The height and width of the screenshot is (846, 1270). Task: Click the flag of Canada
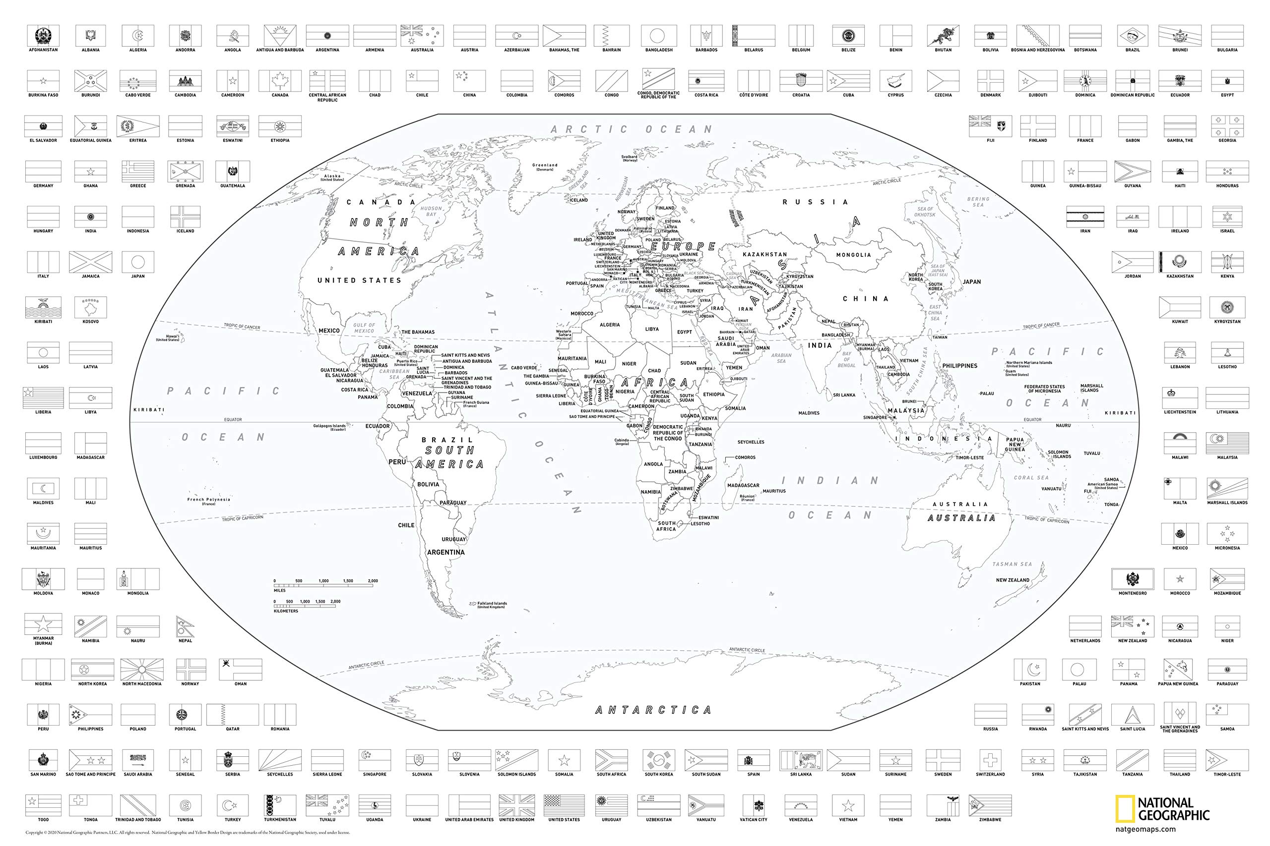point(280,81)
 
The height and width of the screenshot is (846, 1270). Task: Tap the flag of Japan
point(138,262)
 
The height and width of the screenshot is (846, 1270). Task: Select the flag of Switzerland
point(990,760)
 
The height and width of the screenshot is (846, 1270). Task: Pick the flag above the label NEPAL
point(185,627)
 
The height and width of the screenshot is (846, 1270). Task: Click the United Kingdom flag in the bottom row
point(516,805)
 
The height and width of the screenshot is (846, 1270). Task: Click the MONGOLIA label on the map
point(853,255)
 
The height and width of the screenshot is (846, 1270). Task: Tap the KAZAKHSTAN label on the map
point(764,254)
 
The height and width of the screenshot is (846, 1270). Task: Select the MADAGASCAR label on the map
point(743,485)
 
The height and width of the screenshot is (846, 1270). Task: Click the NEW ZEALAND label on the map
point(1013,580)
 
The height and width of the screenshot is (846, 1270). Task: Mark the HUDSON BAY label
point(431,211)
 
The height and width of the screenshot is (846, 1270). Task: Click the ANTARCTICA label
point(653,710)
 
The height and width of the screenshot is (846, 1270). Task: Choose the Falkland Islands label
point(492,605)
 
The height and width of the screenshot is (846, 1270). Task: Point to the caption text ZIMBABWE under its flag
point(990,820)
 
